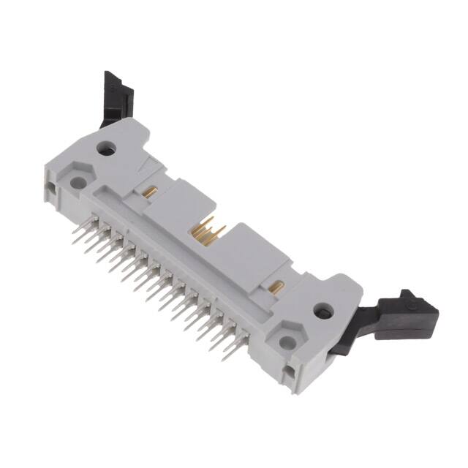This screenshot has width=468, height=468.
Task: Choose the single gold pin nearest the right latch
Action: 278,284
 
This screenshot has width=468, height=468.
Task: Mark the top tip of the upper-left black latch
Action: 109,74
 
